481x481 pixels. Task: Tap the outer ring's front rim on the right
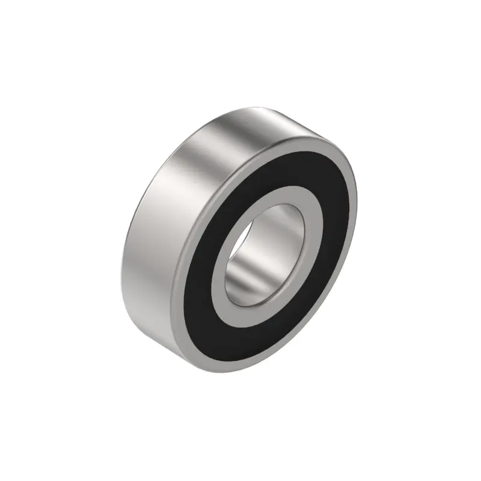(352, 198)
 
